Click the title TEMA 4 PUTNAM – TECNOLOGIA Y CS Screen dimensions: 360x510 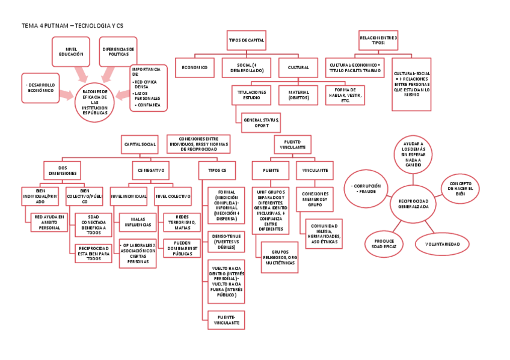[x=72, y=26]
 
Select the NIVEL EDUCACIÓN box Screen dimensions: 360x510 [x=71, y=52]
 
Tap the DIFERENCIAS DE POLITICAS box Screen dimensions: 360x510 [x=118, y=52]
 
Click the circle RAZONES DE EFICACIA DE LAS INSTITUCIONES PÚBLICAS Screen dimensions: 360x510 [x=94, y=102]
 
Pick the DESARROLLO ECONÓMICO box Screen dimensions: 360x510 [x=41, y=88]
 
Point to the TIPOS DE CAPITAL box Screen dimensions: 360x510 [x=247, y=40]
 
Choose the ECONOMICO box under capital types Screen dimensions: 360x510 [x=195, y=68]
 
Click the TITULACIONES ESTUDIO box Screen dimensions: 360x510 [x=251, y=94]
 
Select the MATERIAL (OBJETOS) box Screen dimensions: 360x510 [x=298, y=94]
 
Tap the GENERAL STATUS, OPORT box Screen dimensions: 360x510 [x=261, y=123]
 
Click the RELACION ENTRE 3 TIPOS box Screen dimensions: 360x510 [x=378, y=40]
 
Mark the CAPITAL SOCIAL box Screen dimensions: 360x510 [x=140, y=144]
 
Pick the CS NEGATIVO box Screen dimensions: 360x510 [x=150, y=170]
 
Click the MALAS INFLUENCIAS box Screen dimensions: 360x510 [x=138, y=222]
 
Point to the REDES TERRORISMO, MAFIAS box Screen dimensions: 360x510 [x=182, y=222]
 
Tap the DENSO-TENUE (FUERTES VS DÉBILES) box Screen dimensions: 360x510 [x=226, y=242]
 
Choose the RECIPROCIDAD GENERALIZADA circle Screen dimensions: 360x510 [x=413, y=203]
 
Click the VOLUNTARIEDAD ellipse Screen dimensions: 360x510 [x=443, y=244]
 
